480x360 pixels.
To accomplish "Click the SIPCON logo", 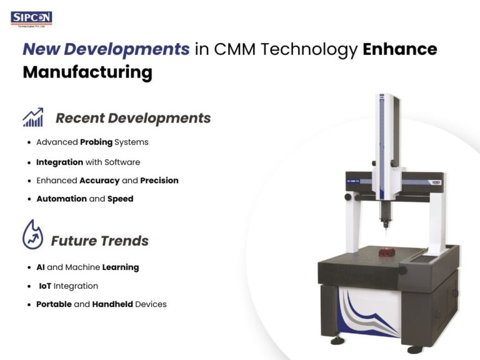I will [x=31, y=18].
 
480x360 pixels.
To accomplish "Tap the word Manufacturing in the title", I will [x=87, y=72].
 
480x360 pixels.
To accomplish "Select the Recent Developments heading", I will [x=133, y=118].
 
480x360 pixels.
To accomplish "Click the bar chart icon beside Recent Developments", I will [x=33, y=117].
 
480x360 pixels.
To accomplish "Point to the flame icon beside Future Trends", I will [x=32, y=235].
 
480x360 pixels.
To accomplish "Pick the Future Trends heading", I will [x=100, y=241].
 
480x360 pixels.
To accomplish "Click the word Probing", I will [x=96, y=142].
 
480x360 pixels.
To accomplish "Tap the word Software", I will [x=122, y=162].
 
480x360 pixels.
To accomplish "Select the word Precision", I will [x=159, y=181].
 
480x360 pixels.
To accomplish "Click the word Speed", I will [x=120, y=199].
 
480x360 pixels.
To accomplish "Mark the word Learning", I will [x=121, y=267].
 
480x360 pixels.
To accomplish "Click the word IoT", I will [x=44, y=286].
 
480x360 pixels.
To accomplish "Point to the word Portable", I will [x=54, y=304].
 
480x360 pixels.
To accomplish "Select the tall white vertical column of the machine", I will [x=386, y=144].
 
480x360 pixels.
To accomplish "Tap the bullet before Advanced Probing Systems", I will [x=29, y=142].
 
